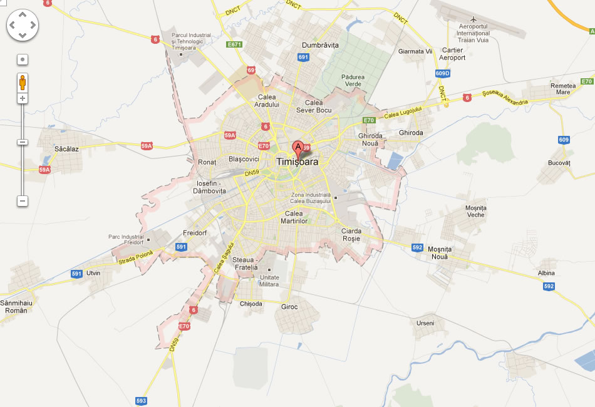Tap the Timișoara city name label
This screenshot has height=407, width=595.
click(x=297, y=162)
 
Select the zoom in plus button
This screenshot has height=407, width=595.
click(x=23, y=98)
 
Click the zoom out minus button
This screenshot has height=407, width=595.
click(x=23, y=201)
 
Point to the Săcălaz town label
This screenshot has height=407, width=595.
click(x=67, y=149)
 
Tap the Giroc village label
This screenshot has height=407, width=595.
click(x=290, y=307)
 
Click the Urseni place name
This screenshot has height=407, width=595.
click(x=425, y=323)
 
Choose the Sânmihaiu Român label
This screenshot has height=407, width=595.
click(x=16, y=306)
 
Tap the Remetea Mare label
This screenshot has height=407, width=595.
click(x=563, y=88)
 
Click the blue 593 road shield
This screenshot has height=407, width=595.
click(x=141, y=400)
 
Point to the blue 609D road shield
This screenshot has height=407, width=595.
click(x=442, y=73)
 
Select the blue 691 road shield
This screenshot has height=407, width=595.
click(x=304, y=58)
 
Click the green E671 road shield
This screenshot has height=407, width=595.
click(x=234, y=44)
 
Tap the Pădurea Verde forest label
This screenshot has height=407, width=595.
click(x=353, y=81)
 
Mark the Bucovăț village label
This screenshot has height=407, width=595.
click(x=559, y=162)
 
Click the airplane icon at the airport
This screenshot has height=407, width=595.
click(x=474, y=17)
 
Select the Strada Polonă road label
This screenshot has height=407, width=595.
click(x=135, y=257)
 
